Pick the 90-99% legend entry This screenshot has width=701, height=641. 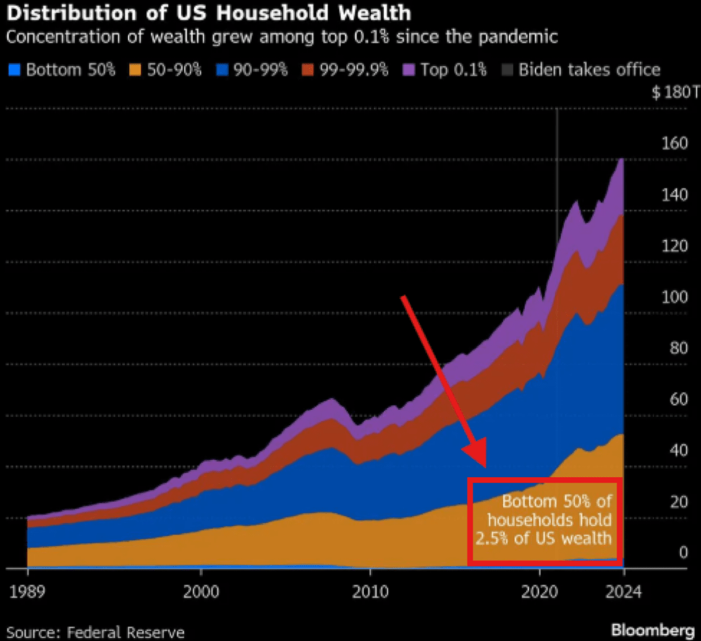click(x=250, y=69)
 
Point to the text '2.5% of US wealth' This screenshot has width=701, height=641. click(x=543, y=538)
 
